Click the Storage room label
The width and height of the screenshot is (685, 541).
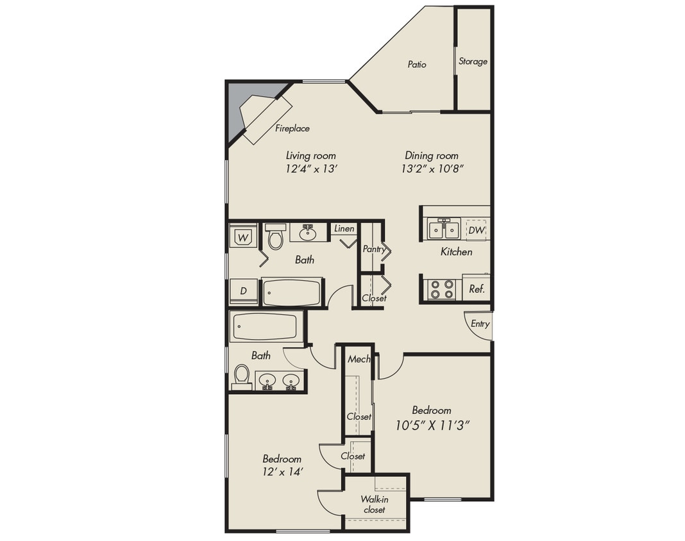click(x=473, y=62)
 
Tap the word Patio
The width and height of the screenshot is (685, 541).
click(x=417, y=64)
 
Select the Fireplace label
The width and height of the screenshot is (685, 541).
click(x=292, y=128)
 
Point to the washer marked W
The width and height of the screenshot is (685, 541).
click(x=243, y=238)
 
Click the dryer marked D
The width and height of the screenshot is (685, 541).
click(x=243, y=291)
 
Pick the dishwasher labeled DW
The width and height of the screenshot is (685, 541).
click(x=476, y=230)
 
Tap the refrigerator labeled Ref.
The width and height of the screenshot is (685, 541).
click(x=477, y=288)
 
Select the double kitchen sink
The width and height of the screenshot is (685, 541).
click(x=443, y=229)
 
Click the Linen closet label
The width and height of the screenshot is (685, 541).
click(x=344, y=229)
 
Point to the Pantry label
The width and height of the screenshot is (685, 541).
click(x=373, y=249)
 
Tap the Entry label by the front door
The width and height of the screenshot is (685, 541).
click(x=480, y=324)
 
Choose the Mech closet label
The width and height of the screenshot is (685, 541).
click(x=359, y=360)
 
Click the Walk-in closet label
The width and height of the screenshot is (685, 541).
click(x=373, y=504)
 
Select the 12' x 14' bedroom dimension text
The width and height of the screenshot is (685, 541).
click(x=282, y=472)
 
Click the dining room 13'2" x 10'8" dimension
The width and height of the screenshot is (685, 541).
click(x=432, y=169)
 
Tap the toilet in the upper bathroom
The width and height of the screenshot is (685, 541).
click(x=276, y=238)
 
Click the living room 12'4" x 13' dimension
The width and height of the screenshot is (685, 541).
click(x=310, y=169)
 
